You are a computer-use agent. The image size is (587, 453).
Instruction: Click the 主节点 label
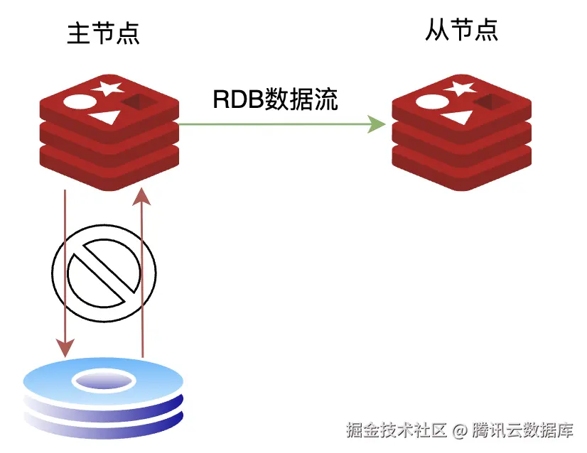(x=103, y=33)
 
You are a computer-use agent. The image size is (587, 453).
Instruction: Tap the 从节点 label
(x=462, y=30)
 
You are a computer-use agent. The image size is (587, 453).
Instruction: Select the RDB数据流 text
(x=276, y=99)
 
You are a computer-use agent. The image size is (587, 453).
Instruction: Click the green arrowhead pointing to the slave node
(x=377, y=124)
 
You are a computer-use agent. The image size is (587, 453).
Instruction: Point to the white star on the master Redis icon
(x=107, y=88)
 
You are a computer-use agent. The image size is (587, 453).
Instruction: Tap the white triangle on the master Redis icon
(x=105, y=117)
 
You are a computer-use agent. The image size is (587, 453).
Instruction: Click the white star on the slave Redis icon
(x=460, y=88)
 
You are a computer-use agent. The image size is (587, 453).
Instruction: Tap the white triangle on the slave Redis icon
(x=458, y=117)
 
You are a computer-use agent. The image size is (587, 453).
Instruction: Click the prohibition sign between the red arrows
(x=104, y=273)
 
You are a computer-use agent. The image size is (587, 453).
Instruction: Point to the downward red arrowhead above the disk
(x=65, y=348)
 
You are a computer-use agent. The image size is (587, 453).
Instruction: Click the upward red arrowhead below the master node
(x=141, y=197)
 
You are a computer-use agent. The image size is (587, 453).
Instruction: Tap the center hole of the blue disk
(x=104, y=381)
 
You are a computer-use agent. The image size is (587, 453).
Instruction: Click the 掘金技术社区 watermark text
(x=397, y=430)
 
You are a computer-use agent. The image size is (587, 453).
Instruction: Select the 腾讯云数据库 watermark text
(x=522, y=430)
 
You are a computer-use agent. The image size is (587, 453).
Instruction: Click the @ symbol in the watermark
(x=459, y=431)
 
